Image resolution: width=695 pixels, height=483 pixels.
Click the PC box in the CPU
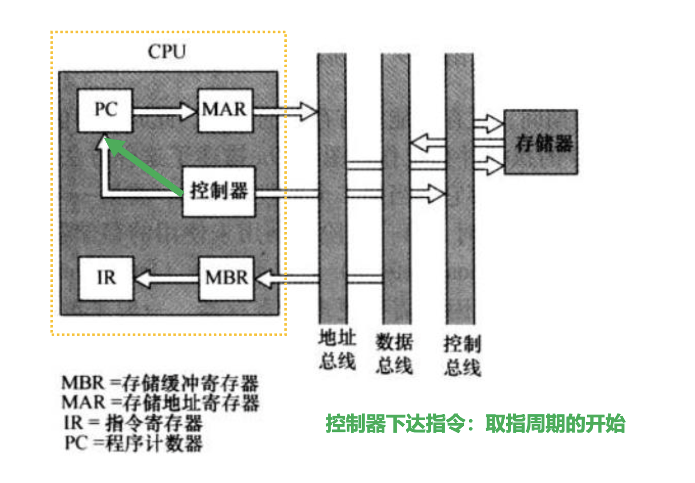(x=106, y=110)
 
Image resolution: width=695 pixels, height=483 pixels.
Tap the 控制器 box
(x=219, y=192)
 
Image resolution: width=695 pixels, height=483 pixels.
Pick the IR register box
(x=106, y=278)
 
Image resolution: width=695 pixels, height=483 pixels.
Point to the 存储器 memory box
(x=541, y=142)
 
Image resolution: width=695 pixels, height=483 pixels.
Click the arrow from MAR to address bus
(x=285, y=110)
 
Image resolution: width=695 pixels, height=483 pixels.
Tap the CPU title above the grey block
(x=167, y=52)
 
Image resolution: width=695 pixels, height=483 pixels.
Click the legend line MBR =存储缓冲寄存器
(x=160, y=384)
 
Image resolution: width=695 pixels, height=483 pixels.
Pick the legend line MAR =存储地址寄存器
(x=160, y=402)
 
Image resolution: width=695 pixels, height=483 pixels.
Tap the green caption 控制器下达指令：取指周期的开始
(x=475, y=424)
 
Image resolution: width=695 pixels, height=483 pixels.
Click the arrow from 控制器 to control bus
(x=347, y=193)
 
